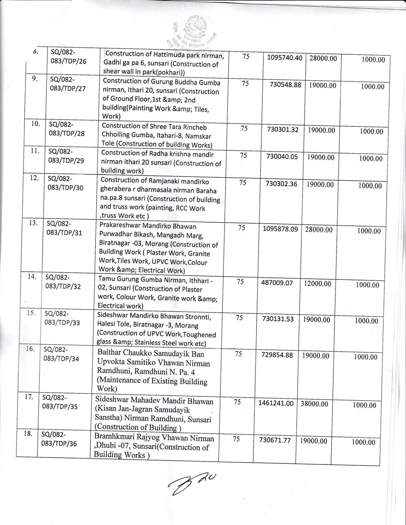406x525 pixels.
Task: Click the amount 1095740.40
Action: (284, 58)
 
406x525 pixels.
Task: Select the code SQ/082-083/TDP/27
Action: (67, 84)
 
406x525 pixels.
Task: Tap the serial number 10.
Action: (35, 124)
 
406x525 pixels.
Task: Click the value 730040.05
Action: (282, 157)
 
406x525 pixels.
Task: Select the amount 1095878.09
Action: (280, 229)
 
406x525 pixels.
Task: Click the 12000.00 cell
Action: (317, 284)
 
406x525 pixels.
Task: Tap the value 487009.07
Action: (277, 283)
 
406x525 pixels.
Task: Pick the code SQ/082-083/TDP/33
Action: (62, 318)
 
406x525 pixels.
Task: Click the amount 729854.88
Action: (277, 355)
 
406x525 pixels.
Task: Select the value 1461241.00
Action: (276, 403)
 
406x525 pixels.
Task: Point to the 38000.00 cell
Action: (314, 404)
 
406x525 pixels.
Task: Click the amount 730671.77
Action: (275, 440)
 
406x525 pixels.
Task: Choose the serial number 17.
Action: (29, 397)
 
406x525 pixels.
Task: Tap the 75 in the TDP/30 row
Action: (242, 182)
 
